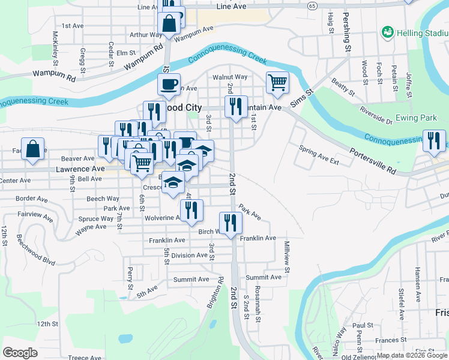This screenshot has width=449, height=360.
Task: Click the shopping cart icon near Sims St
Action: click(277, 82)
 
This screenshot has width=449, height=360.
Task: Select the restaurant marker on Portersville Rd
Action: click(434, 140)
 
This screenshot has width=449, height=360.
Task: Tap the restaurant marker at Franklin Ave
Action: click(231, 223)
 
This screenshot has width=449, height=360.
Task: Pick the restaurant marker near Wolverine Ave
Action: click(191, 210)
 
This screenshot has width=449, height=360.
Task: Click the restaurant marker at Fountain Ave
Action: click(235, 106)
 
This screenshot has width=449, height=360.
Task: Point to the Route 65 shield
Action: click(312, 5)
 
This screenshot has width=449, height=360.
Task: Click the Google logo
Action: click(20, 353)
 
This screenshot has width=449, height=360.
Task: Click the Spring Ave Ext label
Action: click(319, 155)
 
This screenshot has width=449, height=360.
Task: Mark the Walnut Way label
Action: click(230, 77)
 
